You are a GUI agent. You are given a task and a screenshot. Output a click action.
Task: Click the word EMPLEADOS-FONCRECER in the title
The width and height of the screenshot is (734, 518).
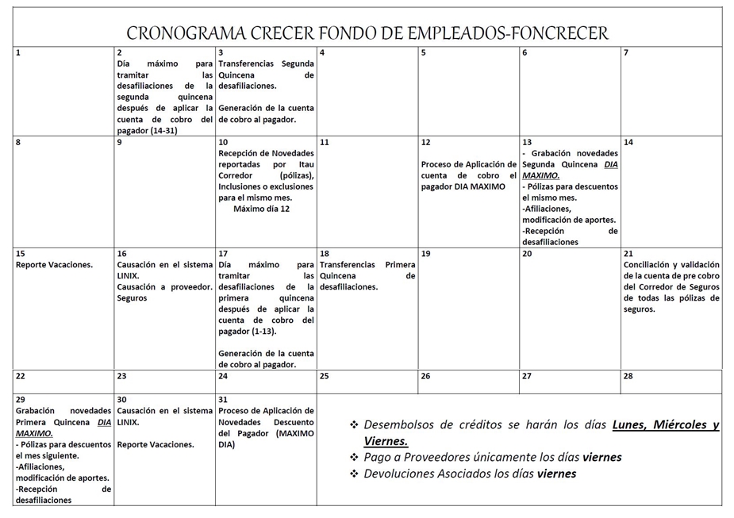(x=508, y=33)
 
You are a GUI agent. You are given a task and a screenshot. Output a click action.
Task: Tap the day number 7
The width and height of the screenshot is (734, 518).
(x=627, y=52)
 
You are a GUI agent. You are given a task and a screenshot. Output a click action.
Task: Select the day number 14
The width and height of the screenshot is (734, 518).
(x=628, y=143)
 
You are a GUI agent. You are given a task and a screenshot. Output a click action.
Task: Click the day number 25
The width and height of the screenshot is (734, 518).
(x=325, y=377)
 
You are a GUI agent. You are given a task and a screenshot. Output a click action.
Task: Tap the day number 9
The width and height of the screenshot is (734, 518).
(x=120, y=143)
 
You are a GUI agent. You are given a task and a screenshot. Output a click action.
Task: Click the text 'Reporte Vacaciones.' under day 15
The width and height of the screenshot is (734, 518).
(x=54, y=265)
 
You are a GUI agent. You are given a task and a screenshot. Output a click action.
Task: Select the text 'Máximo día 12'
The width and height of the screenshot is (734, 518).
(x=261, y=209)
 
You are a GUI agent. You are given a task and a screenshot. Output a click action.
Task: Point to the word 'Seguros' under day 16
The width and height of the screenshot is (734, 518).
(x=133, y=298)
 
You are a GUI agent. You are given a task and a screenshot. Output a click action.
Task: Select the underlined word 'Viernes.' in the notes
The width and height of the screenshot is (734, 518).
(x=386, y=442)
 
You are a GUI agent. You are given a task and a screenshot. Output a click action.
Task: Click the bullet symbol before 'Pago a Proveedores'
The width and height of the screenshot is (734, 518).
(x=354, y=458)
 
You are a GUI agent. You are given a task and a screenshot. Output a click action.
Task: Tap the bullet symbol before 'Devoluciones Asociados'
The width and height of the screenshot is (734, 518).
(x=354, y=474)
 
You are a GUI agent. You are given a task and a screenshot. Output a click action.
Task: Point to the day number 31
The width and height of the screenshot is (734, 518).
(x=223, y=400)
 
